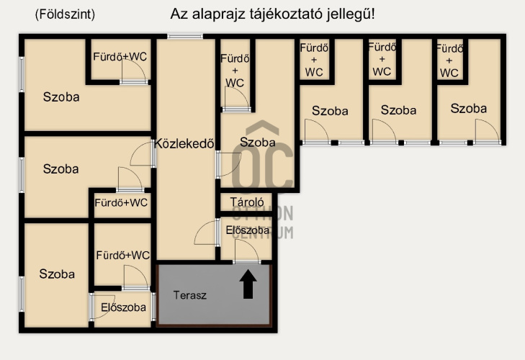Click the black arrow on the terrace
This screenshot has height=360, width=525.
click(248, 284)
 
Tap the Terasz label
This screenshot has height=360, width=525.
click(190, 295)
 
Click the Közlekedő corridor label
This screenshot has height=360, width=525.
click(184, 144)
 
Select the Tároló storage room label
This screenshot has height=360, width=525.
click(247, 202)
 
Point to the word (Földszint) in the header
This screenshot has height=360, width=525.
click(65, 14)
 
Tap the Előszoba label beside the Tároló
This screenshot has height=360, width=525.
click(248, 230)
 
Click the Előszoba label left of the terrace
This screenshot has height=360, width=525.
click(124, 307)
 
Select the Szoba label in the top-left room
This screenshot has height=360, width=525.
click(61, 97)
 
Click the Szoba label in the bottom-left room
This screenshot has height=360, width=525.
click(57, 274)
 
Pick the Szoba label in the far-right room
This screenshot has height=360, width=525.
click(468, 109)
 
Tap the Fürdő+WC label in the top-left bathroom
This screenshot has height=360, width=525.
click(120, 57)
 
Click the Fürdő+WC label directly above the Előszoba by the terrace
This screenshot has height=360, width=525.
click(123, 256)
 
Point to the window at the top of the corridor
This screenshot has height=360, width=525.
click(185, 36)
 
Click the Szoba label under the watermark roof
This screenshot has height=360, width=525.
click(258, 143)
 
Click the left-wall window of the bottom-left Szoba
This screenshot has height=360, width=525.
click(22, 294)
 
